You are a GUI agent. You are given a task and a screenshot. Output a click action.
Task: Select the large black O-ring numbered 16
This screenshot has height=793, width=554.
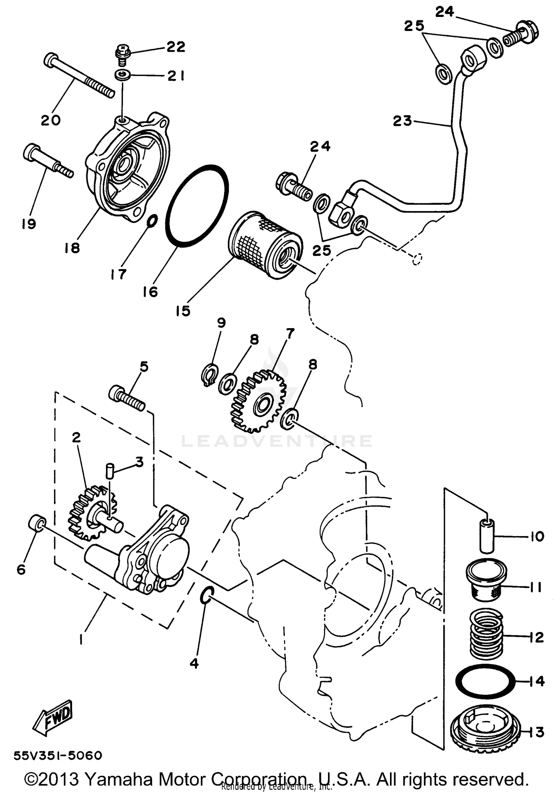click(x=197, y=206)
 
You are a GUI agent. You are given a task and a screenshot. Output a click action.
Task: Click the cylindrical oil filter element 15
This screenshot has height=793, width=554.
click(x=265, y=244)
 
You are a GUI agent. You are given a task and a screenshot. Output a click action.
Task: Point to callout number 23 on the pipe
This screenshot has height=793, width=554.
click(x=402, y=121)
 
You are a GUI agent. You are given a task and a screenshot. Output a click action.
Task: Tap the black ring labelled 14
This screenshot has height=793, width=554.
click(x=485, y=681)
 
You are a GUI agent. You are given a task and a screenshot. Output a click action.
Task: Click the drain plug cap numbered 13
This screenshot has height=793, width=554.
click(x=485, y=729)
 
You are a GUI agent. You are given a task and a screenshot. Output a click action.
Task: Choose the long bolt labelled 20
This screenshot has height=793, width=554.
click(x=78, y=76)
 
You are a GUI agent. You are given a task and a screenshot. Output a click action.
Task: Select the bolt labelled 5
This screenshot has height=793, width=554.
click(x=127, y=398)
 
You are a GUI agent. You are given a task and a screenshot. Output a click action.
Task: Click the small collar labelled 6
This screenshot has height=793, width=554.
click(x=37, y=523)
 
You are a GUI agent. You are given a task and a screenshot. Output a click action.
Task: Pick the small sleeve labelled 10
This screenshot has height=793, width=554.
click(x=488, y=535)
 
